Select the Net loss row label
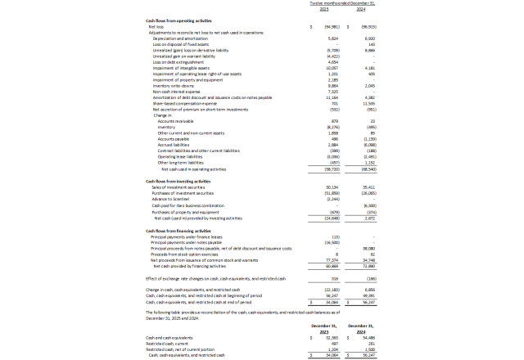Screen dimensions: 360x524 tap(156, 26)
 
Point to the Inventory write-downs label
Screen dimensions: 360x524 tap(172, 84)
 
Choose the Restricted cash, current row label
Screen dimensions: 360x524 tap(169, 344)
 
